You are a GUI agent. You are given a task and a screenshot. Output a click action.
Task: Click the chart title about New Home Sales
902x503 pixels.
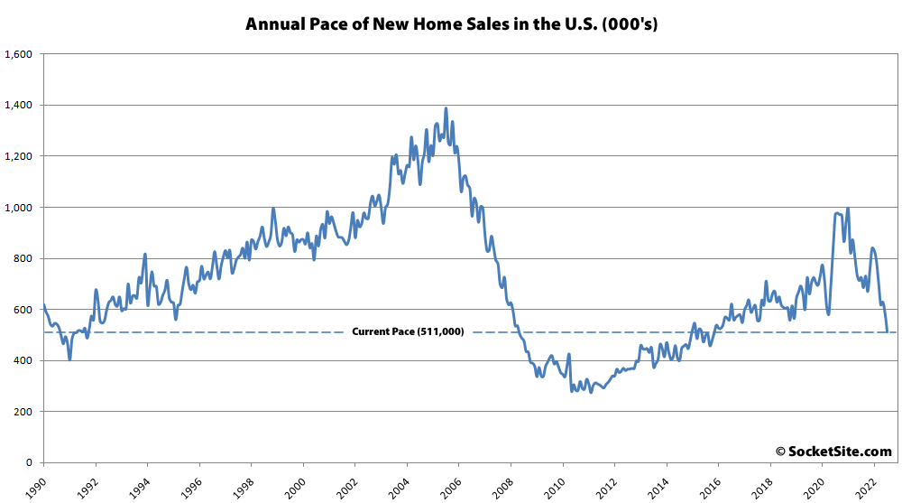tap(451, 24)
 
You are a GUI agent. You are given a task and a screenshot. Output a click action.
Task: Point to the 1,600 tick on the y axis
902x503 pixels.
tap(19, 54)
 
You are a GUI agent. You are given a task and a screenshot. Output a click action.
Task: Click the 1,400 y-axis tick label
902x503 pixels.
tap(19, 106)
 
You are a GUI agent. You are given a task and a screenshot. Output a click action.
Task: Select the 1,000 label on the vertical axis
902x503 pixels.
tap(19, 208)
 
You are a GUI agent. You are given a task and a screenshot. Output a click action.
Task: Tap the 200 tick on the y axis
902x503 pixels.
tap(23, 412)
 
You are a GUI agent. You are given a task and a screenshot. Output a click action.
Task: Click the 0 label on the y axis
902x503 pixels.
tap(30, 463)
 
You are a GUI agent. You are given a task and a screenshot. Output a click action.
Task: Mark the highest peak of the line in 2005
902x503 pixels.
tap(446, 109)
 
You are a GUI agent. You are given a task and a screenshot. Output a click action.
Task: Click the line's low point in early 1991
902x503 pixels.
tap(69, 359)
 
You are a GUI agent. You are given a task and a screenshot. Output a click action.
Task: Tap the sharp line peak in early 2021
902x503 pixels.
tap(847, 209)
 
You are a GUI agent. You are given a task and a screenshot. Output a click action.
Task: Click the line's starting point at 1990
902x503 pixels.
tap(43, 304)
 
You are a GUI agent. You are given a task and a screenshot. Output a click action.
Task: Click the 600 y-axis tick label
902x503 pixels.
tap(23, 310)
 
